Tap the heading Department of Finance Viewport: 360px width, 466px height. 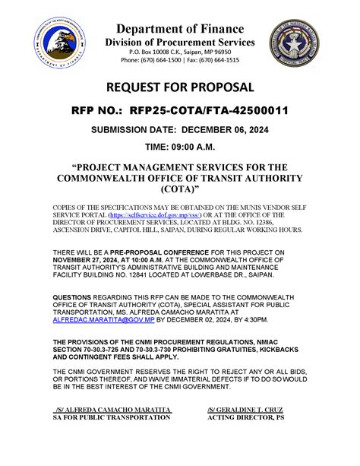click(180, 28)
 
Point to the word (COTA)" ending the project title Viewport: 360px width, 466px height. click(180, 189)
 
